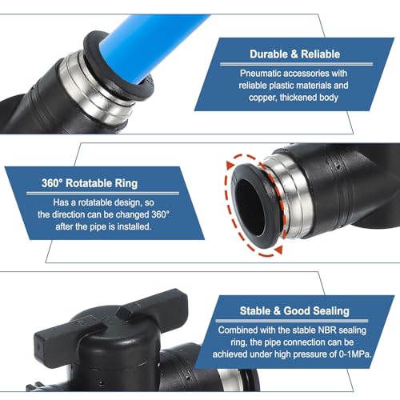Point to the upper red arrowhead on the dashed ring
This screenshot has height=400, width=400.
coord(231,166)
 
